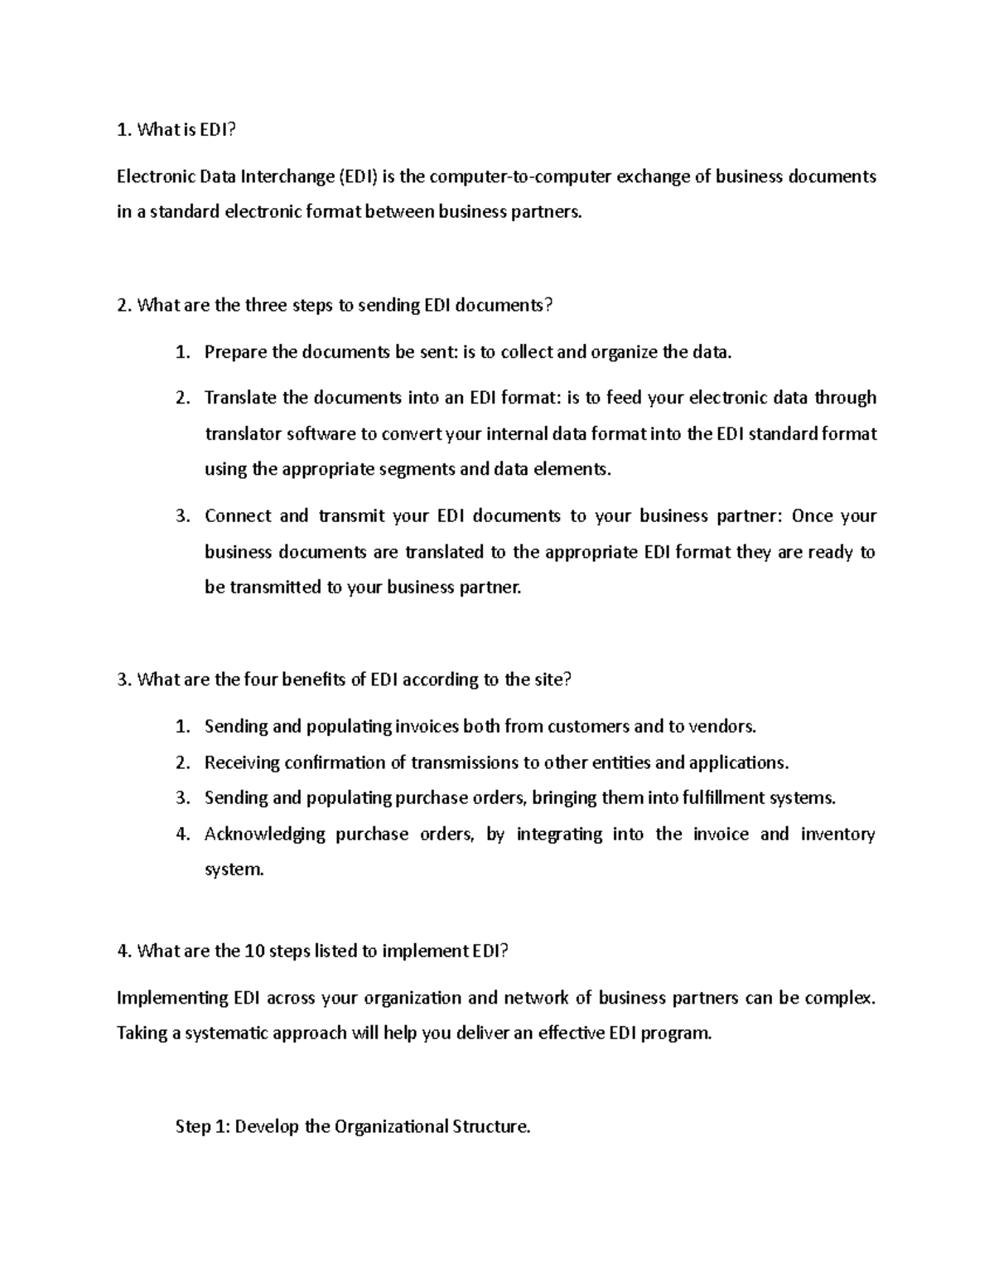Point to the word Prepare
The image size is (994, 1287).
[x=235, y=352]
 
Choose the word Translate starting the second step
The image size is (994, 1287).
[x=240, y=398]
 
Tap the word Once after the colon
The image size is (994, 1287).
[x=812, y=516]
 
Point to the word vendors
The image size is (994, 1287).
[x=723, y=727]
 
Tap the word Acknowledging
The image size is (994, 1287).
[x=264, y=835]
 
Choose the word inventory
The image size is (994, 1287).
[x=837, y=835]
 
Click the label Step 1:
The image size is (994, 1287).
[x=203, y=1127]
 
